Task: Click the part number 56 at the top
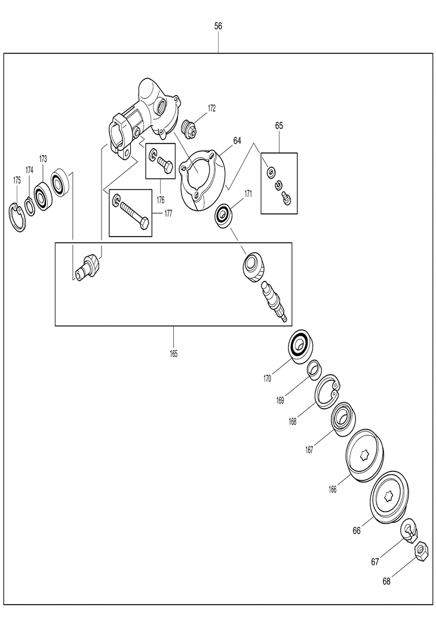pos(218,27)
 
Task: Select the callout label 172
pos(211,108)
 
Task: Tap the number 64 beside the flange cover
pos(237,140)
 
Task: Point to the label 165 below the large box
pos(173,354)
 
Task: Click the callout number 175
pos(17,180)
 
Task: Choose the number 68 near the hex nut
pos(386,581)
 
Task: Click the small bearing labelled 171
pos(225,215)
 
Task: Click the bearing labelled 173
pos(43,194)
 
